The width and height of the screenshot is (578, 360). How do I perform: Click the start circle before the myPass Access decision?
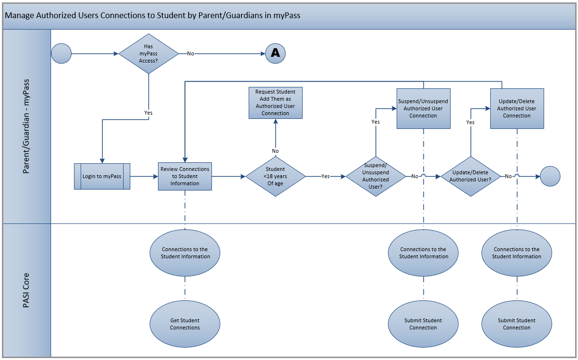click(61, 53)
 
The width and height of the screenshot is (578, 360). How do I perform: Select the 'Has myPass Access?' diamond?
click(148, 53)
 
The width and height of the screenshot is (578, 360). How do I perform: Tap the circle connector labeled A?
click(275, 53)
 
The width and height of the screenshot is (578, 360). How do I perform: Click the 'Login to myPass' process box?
click(102, 176)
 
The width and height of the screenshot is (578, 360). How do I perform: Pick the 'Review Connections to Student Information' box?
click(185, 176)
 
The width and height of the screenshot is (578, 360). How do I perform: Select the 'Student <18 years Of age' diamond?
click(275, 176)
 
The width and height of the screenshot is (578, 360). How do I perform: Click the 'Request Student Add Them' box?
click(275, 103)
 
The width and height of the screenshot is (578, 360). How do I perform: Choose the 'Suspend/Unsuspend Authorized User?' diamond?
click(376, 176)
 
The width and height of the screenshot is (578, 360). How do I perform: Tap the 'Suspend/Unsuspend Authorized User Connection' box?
click(423, 108)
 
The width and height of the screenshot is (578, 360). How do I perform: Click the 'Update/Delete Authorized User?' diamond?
click(471, 176)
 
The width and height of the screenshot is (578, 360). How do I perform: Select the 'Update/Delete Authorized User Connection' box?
click(517, 108)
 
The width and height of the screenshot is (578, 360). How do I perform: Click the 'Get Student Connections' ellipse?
click(185, 324)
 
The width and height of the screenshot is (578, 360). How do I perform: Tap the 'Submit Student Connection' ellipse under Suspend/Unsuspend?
click(423, 324)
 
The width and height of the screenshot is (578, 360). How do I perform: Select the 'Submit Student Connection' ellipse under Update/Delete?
click(517, 324)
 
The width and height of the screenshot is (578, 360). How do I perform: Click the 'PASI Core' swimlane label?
click(27, 290)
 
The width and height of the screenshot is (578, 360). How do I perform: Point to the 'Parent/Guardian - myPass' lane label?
click(27, 127)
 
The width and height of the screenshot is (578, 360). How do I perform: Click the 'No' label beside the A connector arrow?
click(190, 53)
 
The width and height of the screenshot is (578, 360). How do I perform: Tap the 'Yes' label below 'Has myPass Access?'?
click(148, 113)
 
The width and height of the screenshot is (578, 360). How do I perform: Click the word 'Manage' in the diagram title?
click(19, 15)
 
